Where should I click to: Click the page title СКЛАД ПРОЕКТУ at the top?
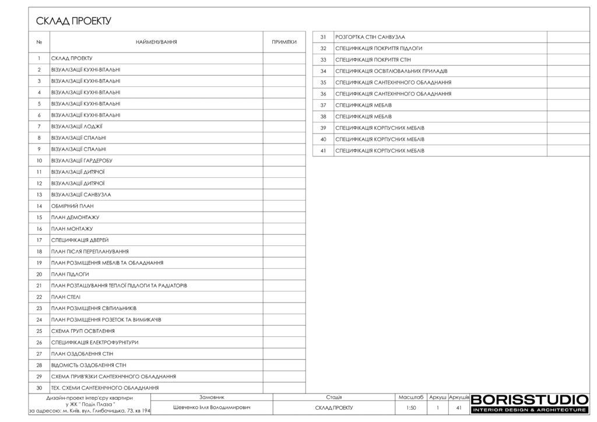coord(73,22)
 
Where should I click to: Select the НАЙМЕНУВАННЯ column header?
coord(156,42)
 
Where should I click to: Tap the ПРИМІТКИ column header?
coord(284,42)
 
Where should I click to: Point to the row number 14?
coord(39,206)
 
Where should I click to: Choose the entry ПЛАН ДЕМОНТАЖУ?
coord(75,217)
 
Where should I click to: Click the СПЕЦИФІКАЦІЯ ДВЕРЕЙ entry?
coord(80,240)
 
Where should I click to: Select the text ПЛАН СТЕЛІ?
coord(66,297)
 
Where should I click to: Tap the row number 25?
coord(39,331)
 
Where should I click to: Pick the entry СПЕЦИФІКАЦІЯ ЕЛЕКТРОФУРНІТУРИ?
coord(94,342)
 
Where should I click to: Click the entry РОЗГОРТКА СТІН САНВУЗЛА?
coord(370,37)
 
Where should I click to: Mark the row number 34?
coord(323,71)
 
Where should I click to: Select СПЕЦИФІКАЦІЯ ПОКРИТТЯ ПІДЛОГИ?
coord(379,48)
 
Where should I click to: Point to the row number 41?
coord(323,151)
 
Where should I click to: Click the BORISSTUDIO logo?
coord(529,400)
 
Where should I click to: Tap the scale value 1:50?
coord(410,408)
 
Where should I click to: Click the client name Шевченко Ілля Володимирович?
coord(212,408)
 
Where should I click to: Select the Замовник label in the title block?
coord(212,397)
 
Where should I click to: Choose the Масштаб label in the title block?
coord(410,397)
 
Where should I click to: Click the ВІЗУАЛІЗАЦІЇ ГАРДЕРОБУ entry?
coord(82,160)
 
